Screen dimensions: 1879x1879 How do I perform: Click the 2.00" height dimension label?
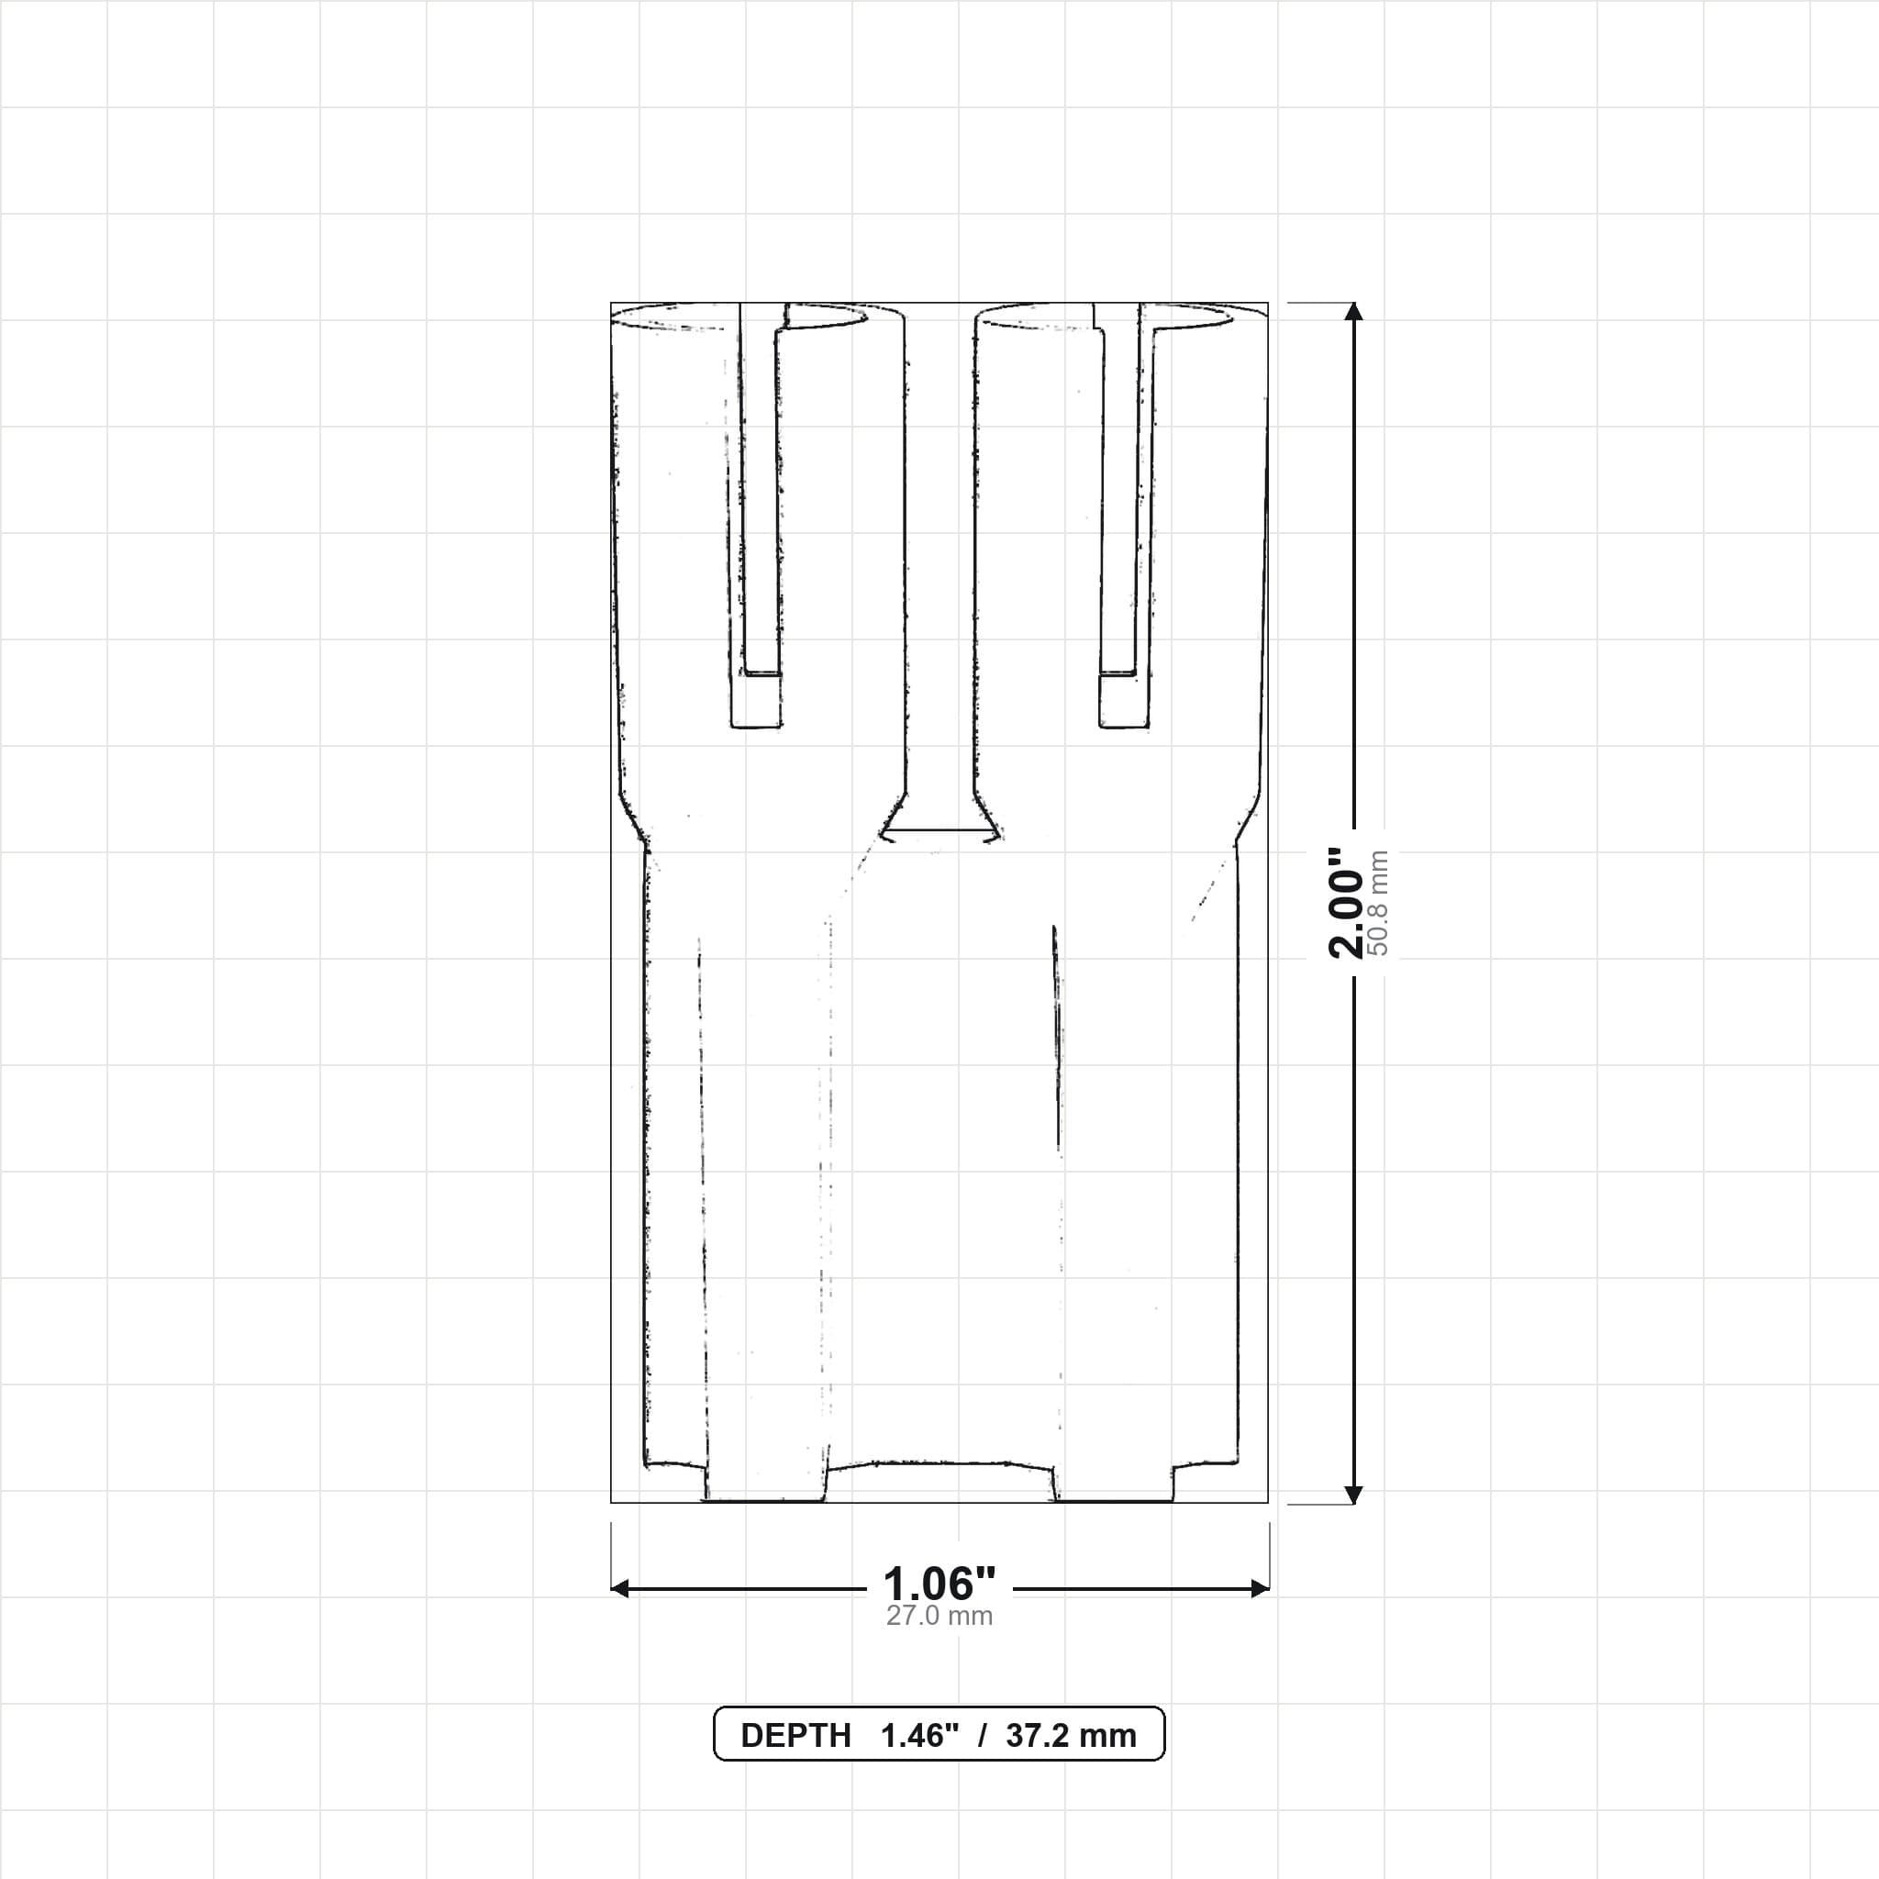click(1347, 904)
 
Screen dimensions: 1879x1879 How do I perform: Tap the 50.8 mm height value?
click(1378, 904)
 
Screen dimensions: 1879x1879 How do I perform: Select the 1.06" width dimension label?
click(939, 1584)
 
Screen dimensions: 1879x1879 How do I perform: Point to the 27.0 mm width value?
click(939, 1617)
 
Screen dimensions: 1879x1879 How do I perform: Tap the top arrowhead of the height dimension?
click(1353, 311)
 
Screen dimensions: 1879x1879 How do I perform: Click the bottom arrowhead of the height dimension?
click(1353, 1495)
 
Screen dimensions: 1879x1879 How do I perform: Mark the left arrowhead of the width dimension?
click(619, 1589)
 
